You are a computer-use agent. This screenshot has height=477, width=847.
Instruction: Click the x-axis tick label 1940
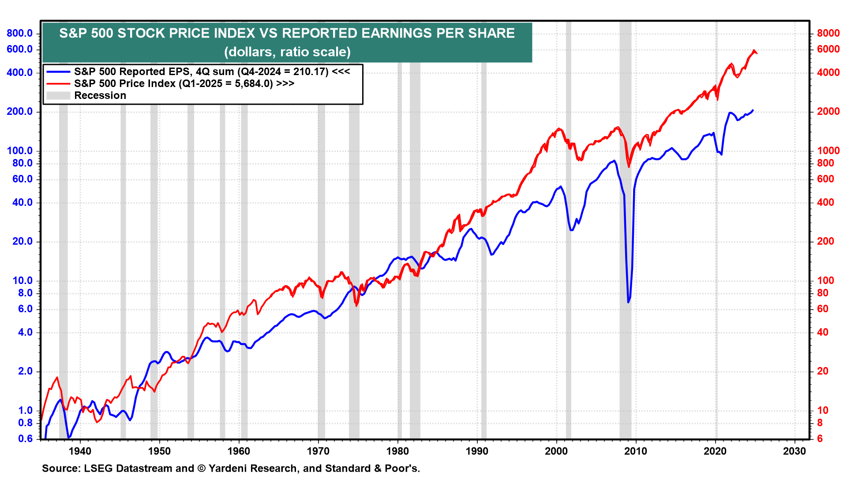tap(80, 451)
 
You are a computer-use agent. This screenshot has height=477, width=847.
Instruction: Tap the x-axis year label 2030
tap(794, 451)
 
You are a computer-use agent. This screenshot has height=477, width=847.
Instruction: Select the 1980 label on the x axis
tap(397, 451)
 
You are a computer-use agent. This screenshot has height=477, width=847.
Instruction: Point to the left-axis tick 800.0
tap(20, 33)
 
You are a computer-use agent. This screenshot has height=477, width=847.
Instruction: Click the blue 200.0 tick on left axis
tap(20, 112)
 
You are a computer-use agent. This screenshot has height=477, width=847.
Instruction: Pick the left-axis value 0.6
tap(26, 438)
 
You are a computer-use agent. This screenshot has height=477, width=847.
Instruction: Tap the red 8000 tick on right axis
tap(828, 33)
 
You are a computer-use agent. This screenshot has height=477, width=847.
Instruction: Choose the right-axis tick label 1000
tap(828, 151)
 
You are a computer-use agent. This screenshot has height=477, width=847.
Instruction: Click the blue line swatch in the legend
tap(58, 72)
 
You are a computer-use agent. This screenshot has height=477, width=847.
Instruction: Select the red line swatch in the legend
tap(58, 83)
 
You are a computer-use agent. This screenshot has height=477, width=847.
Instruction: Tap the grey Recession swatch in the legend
tap(58, 95)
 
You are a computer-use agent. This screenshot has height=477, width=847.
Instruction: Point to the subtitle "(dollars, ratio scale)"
tap(287, 52)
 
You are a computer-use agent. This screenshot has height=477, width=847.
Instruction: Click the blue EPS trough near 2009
tap(628, 302)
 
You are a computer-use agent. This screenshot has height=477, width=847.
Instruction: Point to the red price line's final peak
tap(754, 50)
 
